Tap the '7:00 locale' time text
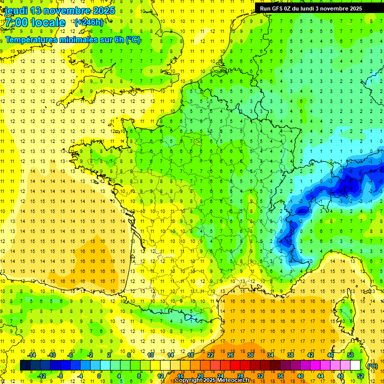click(35, 22)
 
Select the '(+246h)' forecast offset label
click(89, 22)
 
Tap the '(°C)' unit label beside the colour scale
click(372, 366)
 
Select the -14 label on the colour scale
click(31, 355)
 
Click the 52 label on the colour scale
click(360, 376)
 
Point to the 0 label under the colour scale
click(99, 376)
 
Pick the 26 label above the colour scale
click(230, 355)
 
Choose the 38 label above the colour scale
click(290, 355)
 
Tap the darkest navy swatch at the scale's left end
click(25, 365)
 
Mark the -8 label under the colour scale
click(60, 376)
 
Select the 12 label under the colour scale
click(160, 376)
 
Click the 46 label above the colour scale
click(330, 355)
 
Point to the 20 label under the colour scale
click(200, 376)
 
